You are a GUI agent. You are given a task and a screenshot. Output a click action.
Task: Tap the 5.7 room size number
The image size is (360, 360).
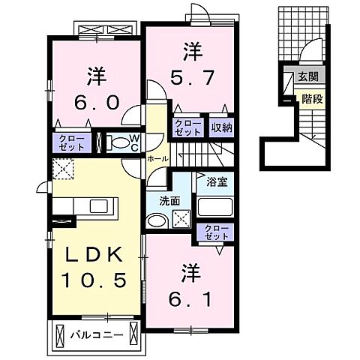click(x=190, y=76)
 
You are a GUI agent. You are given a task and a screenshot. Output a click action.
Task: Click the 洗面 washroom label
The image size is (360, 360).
click(x=168, y=200)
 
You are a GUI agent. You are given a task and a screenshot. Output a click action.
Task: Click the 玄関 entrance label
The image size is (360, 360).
click(x=307, y=76)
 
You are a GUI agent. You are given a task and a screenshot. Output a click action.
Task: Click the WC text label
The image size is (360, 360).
click(x=132, y=142)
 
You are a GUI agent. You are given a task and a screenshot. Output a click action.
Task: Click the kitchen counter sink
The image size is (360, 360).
click(x=98, y=206)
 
